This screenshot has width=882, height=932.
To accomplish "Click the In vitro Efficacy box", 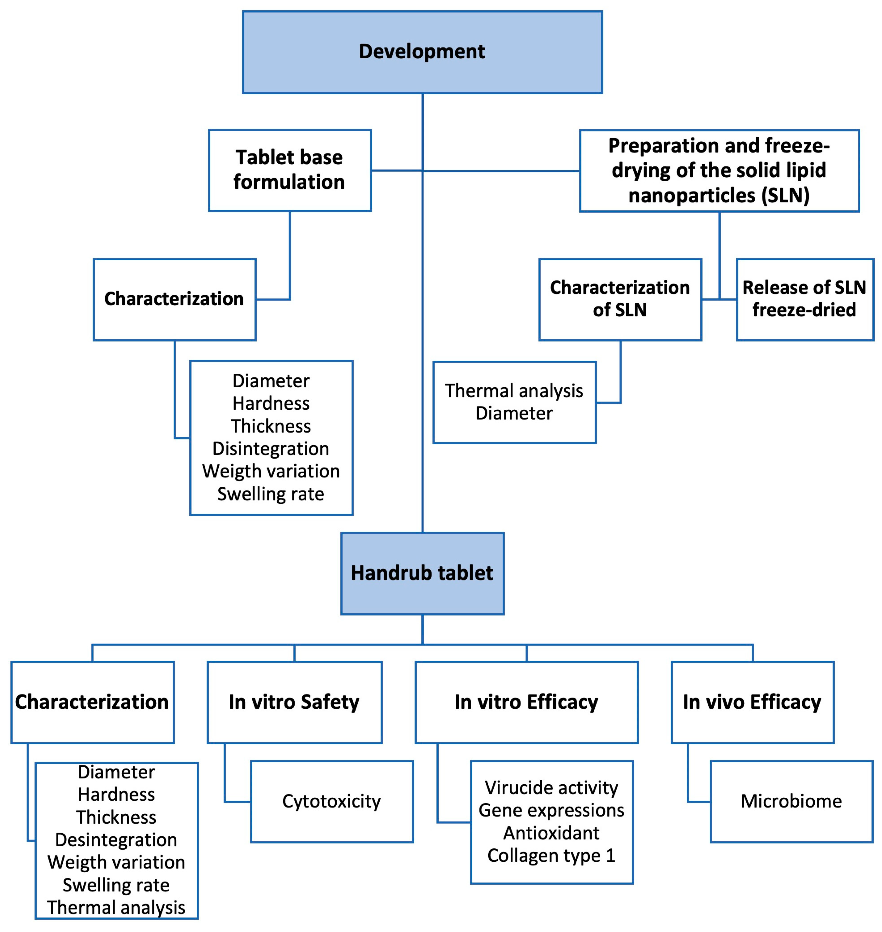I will pyautogui.click(x=526, y=702).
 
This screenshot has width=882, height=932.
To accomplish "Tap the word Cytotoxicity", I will pyautogui.click(x=331, y=801).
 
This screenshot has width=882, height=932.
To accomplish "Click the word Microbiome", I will pyautogui.click(x=791, y=801).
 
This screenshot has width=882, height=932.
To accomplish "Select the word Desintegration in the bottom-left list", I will pyautogui.click(x=116, y=840).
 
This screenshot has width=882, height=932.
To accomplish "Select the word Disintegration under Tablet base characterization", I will pyautogui.click(x=271, y=448).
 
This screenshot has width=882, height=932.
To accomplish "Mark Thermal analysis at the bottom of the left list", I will pyautogui.click(x=116, y=908).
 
